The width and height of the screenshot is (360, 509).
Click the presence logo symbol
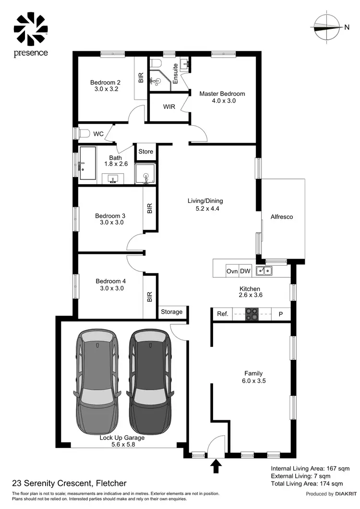pos(30,28)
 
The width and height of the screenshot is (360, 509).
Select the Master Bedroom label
pos(222,94)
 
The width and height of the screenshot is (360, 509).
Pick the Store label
pos(146,152)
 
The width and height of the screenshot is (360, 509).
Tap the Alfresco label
pos(282,217)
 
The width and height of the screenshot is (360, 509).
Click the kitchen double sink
pos(264,271)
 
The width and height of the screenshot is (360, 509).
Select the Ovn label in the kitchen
pos(232,271)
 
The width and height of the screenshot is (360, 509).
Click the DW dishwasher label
pos(245,271)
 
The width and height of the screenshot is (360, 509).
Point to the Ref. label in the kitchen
pos(222,314)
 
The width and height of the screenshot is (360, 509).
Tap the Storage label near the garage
pos(171,312)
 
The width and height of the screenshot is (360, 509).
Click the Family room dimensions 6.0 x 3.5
pos(253,381)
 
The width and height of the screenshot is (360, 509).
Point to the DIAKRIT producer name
pos(344,494)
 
